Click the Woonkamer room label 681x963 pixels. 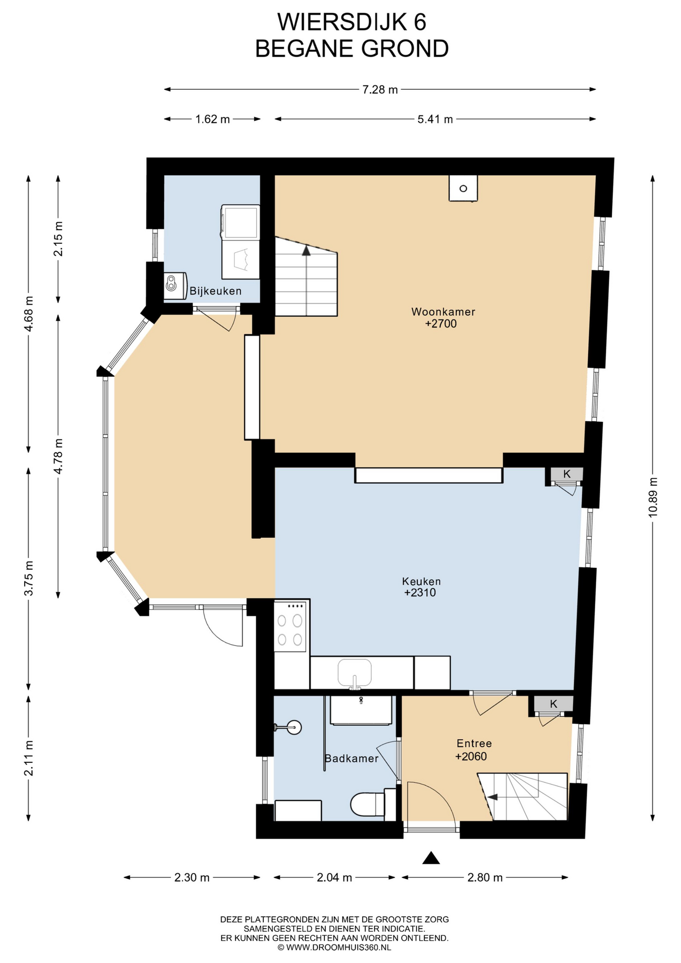443,311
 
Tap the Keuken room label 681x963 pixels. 421,581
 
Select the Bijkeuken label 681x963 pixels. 216,291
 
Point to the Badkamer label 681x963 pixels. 352,758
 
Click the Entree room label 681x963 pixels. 474,743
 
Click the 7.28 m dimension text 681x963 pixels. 380,90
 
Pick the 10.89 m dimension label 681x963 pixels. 652,497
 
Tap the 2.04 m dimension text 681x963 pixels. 334,877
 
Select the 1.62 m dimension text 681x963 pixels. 213,119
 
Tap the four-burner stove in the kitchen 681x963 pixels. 290,626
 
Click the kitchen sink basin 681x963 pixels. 355,673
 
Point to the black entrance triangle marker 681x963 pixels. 431,858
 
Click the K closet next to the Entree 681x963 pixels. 553,704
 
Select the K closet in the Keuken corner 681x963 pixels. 567,474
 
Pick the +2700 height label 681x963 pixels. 441,324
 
